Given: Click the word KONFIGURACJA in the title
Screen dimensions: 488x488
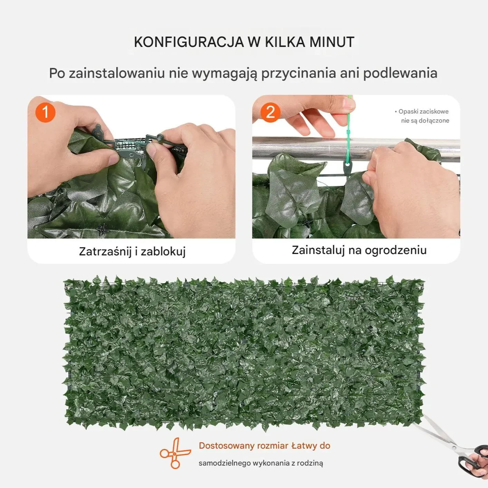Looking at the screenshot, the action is pyautogui.click(x=189, y=42).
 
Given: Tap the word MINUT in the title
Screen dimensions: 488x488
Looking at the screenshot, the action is pyautogui.click(x=332, y=42).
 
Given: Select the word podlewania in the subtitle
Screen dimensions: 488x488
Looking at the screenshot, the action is pyautogui.click(x=400, y=73).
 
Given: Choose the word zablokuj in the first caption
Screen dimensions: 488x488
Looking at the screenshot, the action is pyautogui.click(x=163, y=252).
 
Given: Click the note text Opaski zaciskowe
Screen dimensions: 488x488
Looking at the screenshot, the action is pyautogui.click(x=423, y=111).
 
